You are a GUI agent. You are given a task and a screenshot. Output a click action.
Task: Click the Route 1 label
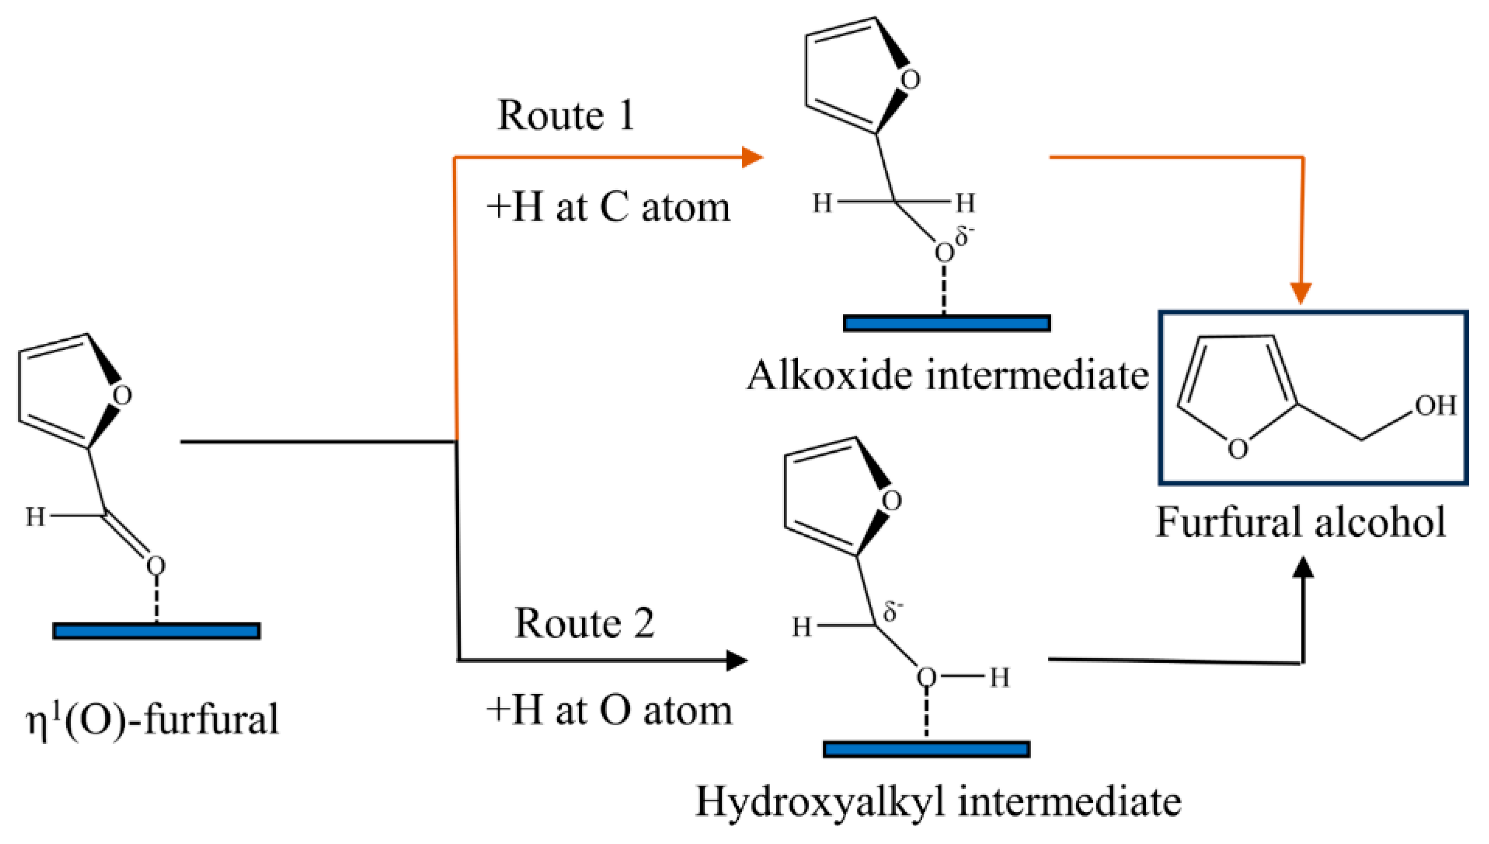[x=566, y=116]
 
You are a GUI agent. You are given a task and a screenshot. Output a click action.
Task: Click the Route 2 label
[x=584, y=624]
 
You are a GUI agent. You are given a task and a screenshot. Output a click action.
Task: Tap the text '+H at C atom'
[x=608, y=207]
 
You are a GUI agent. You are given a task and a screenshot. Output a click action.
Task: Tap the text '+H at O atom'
[x=608, y=711]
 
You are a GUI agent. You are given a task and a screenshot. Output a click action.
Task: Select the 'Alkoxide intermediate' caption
[x=947, y=376]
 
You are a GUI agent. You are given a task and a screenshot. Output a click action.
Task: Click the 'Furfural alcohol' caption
[x=1301, y=522]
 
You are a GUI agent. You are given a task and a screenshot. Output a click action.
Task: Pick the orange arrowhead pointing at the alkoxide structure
[x=752, y=157]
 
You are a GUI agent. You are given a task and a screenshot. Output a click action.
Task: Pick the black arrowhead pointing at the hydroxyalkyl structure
[x=737, y=660]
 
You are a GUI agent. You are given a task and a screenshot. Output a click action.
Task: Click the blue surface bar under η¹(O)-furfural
[x=157, y=631]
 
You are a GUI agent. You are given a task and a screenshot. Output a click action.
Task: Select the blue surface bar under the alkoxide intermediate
[x=946, y=323]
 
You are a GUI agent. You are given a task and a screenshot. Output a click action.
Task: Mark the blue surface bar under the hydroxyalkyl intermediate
[x=926, y=749]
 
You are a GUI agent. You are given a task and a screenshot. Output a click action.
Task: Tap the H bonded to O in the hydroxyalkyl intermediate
[x=999, y=677]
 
